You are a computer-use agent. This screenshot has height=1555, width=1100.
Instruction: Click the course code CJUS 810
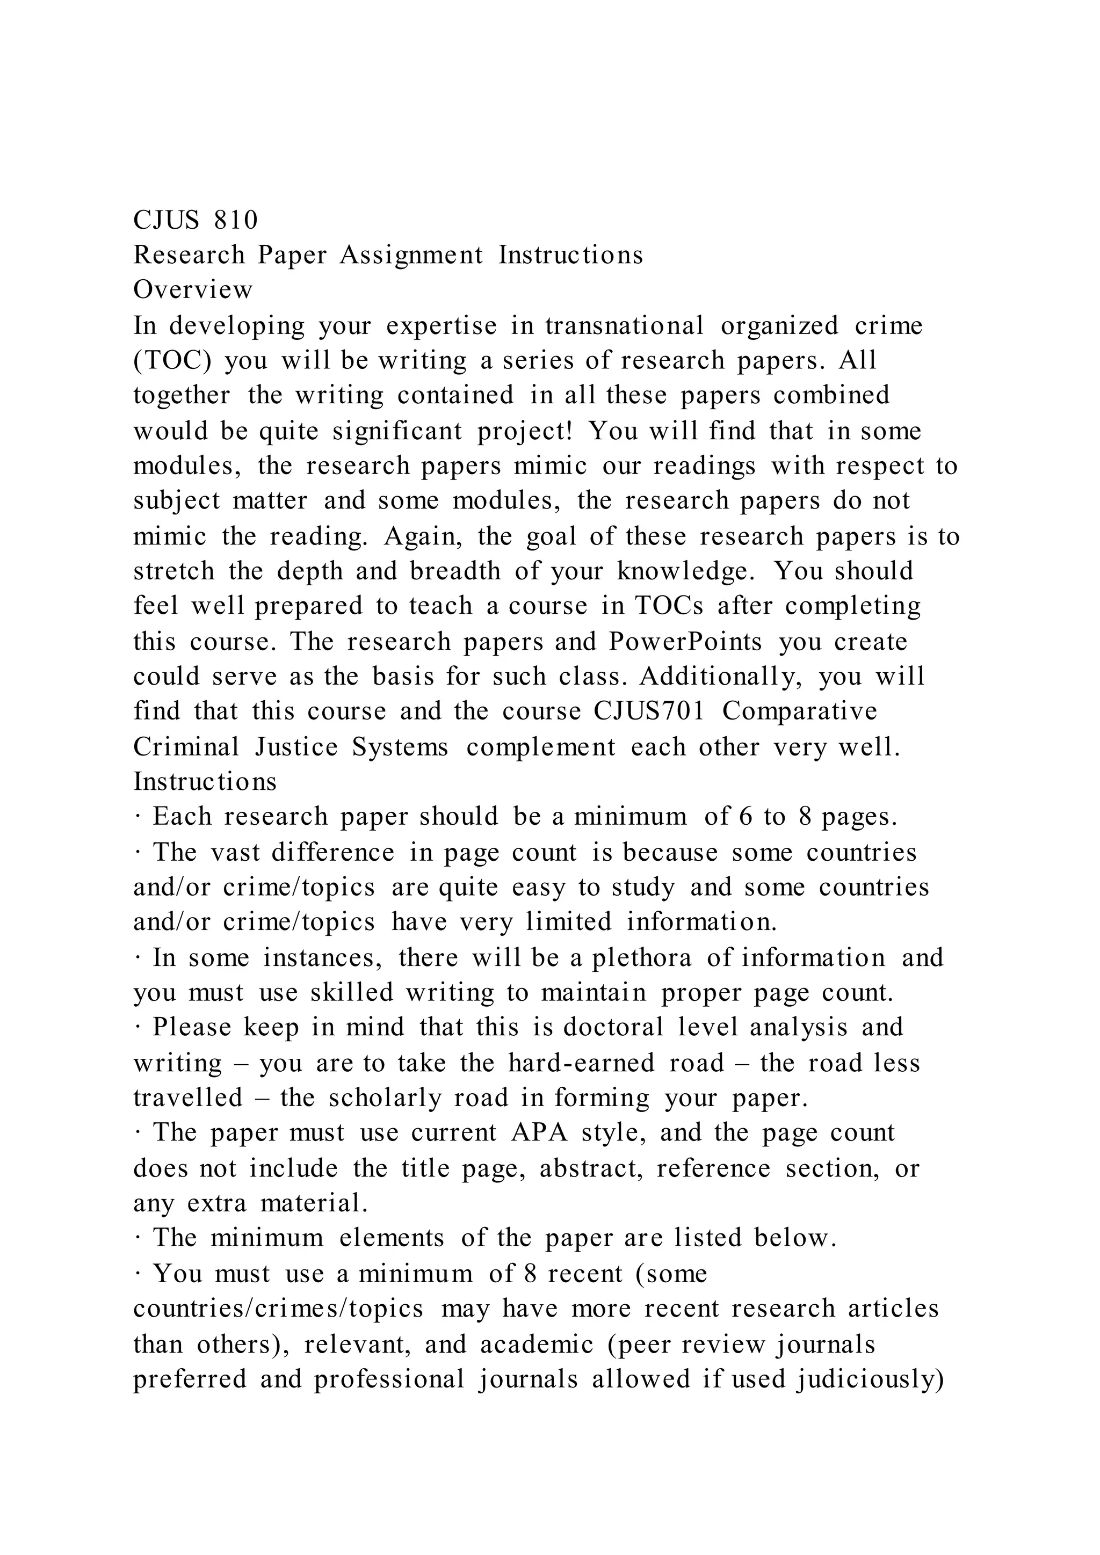(x=195, y=220)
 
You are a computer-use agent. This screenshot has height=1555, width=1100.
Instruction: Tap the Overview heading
(x=192, y=290)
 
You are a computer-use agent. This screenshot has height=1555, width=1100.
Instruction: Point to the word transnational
(x=624, y=326)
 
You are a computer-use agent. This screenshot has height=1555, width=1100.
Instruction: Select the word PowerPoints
(x=685, y=641)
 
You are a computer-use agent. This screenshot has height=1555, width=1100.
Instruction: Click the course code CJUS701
(x=649, y=711)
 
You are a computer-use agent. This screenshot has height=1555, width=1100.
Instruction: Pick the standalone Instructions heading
(x=205, y=782)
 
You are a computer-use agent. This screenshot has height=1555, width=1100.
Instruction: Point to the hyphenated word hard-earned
(x=581, y=1063)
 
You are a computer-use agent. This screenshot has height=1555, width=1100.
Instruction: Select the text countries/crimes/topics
(x=278, y=1309)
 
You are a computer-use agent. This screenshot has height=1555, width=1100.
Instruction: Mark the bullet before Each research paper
(x=137, y=817)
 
